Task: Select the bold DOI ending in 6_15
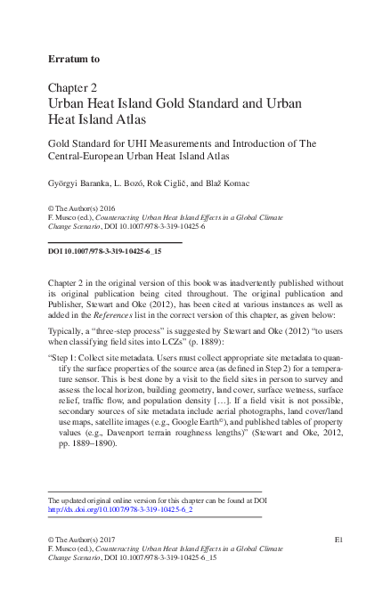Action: point(103,252)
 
